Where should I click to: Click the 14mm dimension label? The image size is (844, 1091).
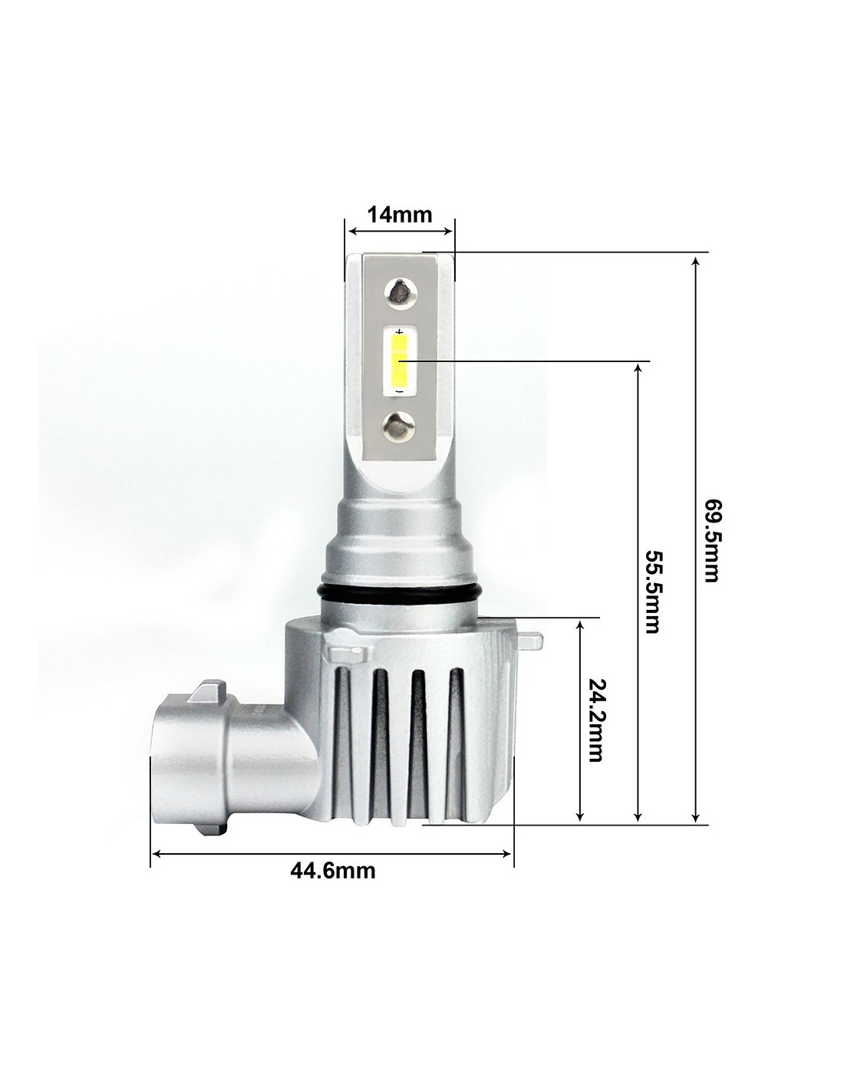(x=400, y=214)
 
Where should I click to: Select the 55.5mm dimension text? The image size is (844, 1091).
(x=652, y=592)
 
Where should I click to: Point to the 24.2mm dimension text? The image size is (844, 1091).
(x=595, y=721)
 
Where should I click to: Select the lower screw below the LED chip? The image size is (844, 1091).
(x=399, y=425)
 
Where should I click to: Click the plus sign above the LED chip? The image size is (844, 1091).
(x=400, y=332)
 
